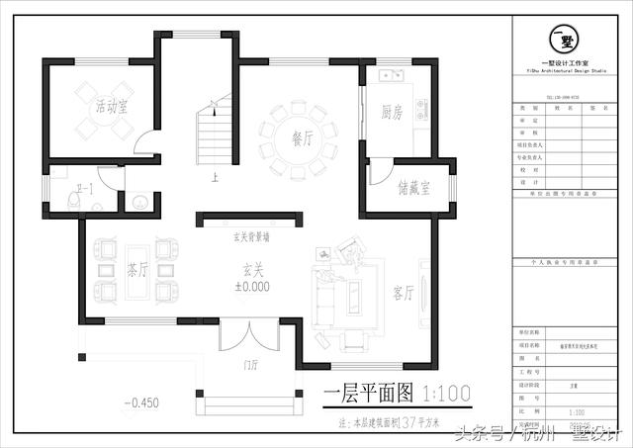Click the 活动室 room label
click(x=112, y=106)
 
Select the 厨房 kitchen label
click(x=391, y=112)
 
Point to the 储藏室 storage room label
click(x=413, y=187)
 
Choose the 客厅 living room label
click(x=403, y=292)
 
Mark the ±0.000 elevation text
click(x=251, y=286)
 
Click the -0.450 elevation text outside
click(x=141, y=403)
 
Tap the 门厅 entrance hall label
click(x=251, y=365)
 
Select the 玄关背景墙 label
click(x=252, y=237)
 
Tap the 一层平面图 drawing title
click(x=365, y=395)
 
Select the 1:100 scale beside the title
click(x=446, y=395)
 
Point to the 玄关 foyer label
click(x=252, y=269)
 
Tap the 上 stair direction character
click(x=214, y=179)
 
